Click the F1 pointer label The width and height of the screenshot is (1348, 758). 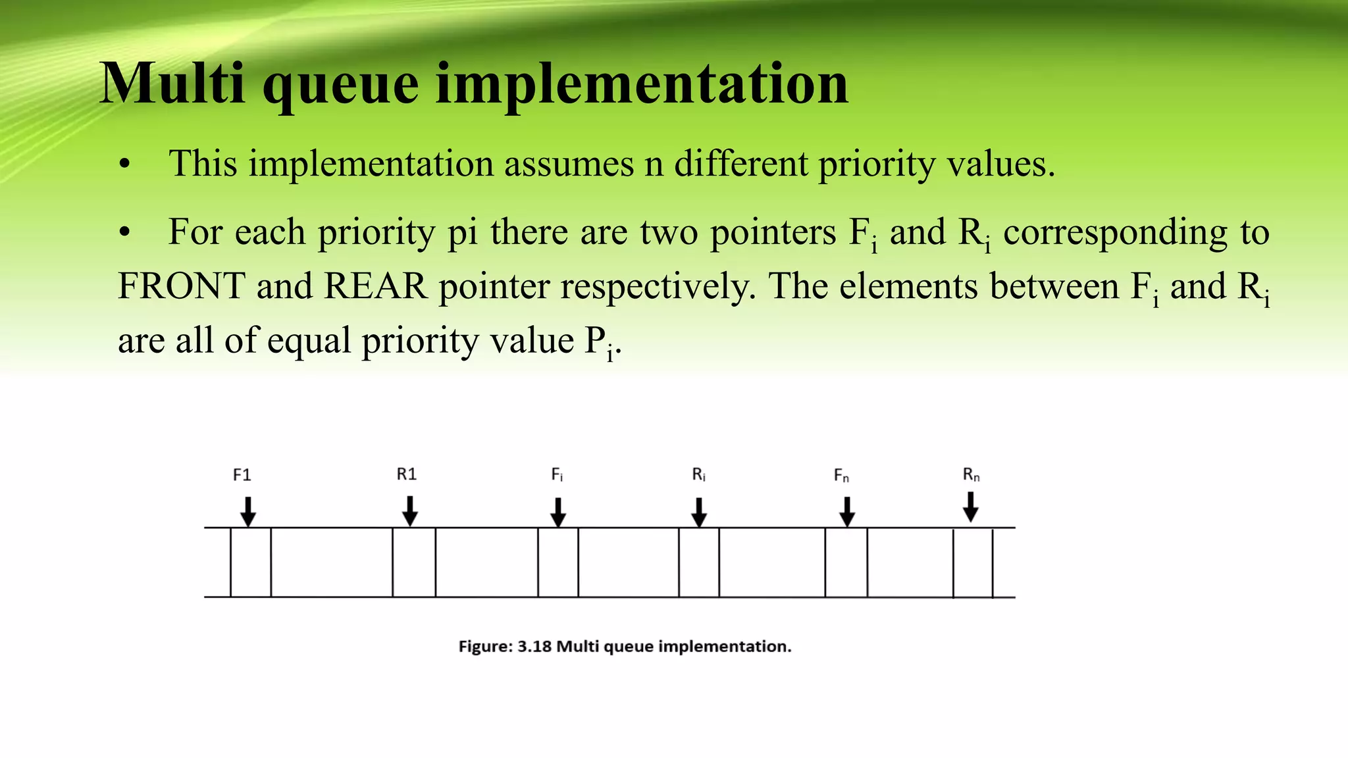pos(242,474)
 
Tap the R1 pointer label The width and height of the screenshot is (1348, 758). pos(407,474)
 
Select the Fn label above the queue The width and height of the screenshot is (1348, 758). pos(841,476)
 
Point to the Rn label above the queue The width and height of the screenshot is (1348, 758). pos(971,474)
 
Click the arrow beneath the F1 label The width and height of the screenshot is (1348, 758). pos(247,512)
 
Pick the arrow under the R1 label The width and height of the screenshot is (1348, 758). pos(410,511)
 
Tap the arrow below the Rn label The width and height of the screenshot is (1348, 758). pos(970,507)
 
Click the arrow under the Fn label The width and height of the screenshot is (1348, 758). pos(847,512)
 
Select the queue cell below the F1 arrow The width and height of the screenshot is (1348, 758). pos(251,563)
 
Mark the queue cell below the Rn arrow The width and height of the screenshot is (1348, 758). pos(973,563)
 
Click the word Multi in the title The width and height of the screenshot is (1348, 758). pos(173,84)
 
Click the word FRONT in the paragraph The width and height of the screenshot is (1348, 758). pos(182,286)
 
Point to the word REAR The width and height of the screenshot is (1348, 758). pos(376,286)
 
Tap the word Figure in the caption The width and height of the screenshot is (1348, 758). pos(484,647)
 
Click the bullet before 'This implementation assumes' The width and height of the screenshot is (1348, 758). pos(125,164)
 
